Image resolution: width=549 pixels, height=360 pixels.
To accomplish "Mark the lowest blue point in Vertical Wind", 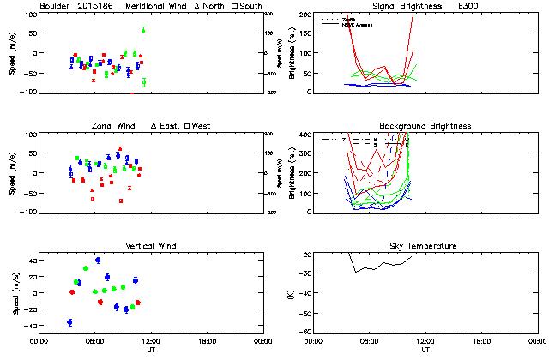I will [69, 322].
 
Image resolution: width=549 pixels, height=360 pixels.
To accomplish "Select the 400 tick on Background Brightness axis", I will [306, 135].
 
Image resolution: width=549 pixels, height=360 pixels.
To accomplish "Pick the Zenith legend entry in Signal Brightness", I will [350, 18].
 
